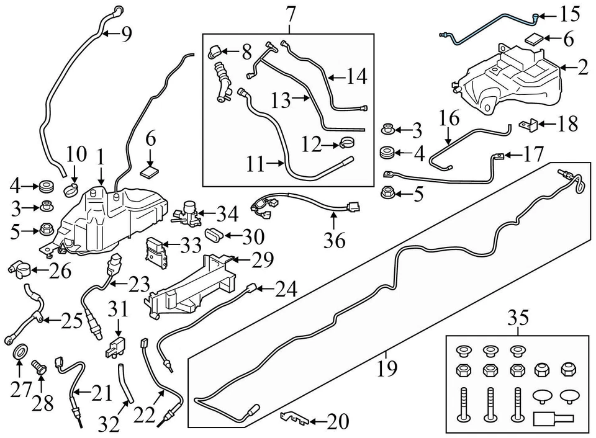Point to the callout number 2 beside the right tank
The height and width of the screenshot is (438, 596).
(582, 68)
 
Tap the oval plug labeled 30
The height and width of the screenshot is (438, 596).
(214, 235)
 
